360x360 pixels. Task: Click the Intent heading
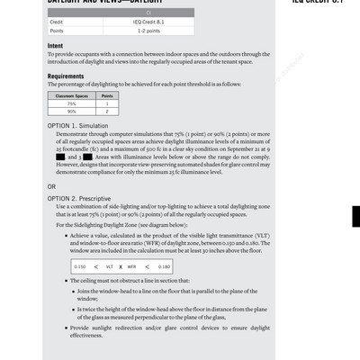point(55,44)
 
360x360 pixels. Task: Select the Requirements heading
point(66,76)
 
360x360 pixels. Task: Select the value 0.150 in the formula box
point(79,267)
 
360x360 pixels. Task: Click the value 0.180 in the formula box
point(164,267)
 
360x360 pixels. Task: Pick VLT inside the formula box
point(110,267)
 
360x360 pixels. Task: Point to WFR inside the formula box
point(131,267)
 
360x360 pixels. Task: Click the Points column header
point(107,94)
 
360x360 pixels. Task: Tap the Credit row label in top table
point(56,22)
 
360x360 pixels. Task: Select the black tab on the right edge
point(355,216)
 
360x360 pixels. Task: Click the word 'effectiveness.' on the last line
point(86,336)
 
